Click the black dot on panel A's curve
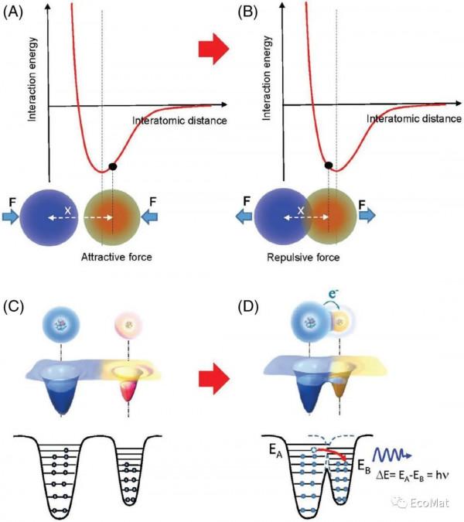[x=113, y=166]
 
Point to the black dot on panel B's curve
[x=329, y=165]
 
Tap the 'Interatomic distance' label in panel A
[x=179, y=121]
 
